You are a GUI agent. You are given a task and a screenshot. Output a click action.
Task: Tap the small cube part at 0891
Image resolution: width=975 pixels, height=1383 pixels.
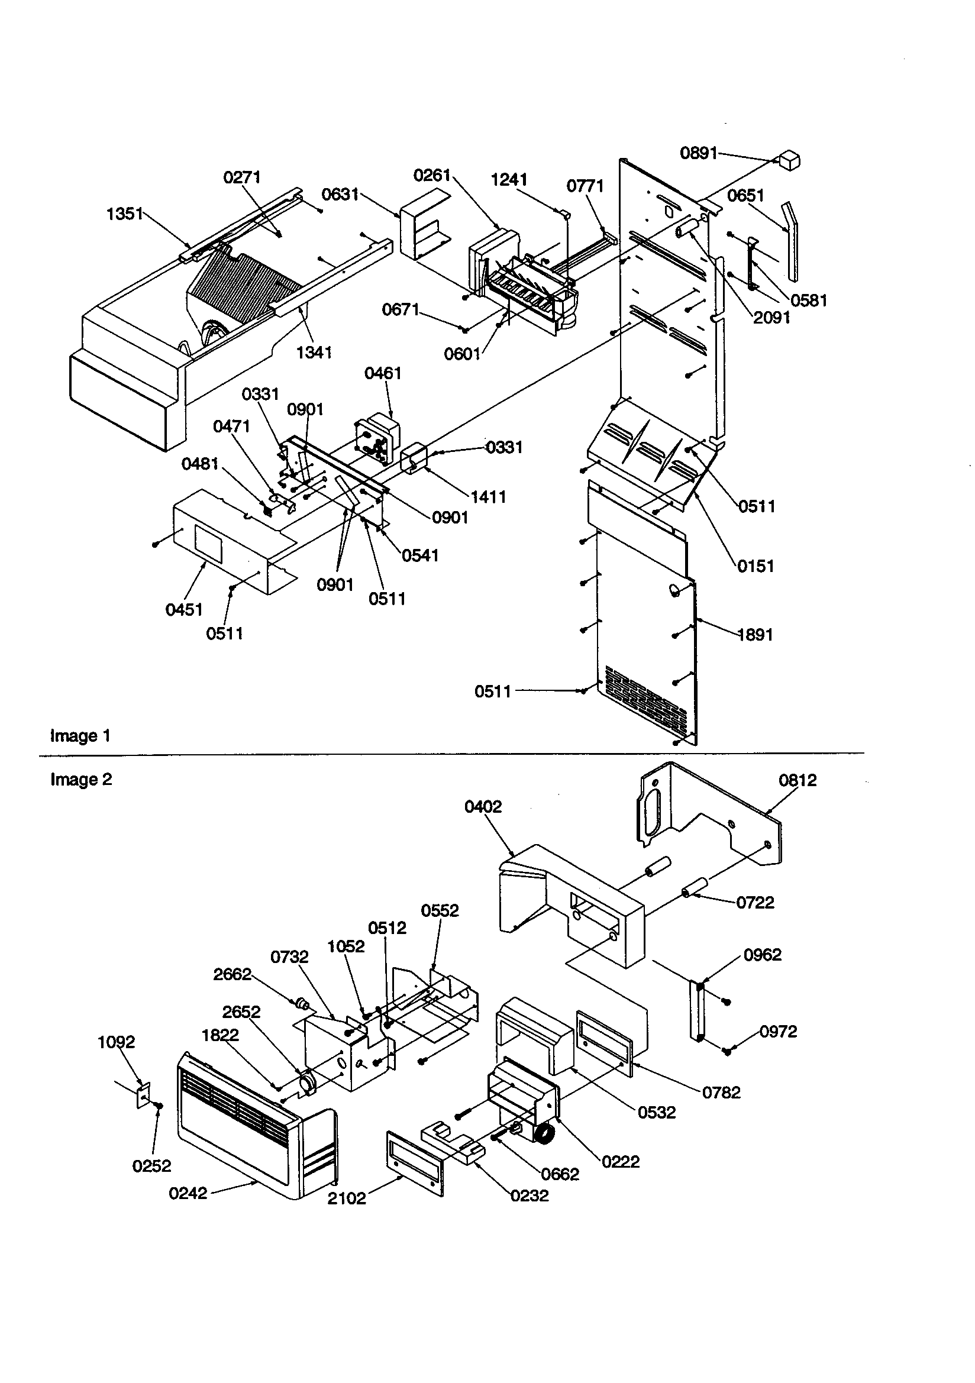789,161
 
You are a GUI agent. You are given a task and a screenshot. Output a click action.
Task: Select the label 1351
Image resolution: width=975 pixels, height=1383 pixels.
125,214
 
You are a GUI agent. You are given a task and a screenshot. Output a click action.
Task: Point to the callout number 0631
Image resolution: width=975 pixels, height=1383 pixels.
340,194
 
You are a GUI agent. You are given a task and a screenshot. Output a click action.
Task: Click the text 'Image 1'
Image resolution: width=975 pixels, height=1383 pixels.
80,735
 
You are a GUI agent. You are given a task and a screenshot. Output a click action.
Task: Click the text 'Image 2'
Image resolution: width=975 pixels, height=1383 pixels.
80,780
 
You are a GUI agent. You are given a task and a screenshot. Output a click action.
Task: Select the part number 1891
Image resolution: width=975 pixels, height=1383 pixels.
754,634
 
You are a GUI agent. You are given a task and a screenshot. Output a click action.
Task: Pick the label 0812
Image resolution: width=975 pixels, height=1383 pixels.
798,780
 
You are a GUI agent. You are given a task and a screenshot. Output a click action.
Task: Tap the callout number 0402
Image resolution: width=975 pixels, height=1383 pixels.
483,806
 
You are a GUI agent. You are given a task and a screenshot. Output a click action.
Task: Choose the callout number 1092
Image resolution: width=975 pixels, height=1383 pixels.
117,1042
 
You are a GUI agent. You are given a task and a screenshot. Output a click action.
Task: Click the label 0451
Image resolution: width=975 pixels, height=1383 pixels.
184,610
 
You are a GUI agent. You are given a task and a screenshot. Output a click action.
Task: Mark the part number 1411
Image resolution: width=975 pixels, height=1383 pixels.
487,497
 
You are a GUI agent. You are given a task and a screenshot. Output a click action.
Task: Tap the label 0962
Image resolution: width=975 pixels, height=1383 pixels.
762,955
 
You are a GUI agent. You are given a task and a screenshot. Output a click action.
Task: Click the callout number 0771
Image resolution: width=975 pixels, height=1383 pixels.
585,186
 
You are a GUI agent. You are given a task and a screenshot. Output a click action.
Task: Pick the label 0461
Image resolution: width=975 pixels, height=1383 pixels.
383,373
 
